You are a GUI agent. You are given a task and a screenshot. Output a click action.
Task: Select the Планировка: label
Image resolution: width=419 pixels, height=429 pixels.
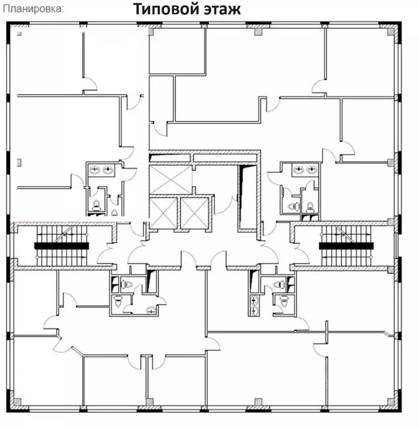point(32,9)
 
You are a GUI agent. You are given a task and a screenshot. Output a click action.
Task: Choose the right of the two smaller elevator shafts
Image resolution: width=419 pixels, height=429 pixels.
point(194,213)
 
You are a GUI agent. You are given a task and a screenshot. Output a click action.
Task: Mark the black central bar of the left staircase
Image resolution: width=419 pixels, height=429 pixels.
point(62,245)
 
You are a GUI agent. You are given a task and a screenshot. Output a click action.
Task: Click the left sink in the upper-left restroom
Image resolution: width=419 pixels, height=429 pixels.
point(95,169)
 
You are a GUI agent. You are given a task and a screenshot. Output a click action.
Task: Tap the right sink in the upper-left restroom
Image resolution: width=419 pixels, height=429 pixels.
point(108,169)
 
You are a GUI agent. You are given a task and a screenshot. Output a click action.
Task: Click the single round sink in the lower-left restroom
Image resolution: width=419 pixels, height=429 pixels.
point(149,311)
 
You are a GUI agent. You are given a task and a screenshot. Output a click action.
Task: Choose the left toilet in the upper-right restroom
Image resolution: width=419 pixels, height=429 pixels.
point(291,206)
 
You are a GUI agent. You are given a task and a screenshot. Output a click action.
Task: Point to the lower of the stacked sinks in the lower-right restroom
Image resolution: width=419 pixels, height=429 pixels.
point(255,309)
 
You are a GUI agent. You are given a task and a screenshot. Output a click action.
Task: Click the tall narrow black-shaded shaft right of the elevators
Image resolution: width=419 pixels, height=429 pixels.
point(246,198)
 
